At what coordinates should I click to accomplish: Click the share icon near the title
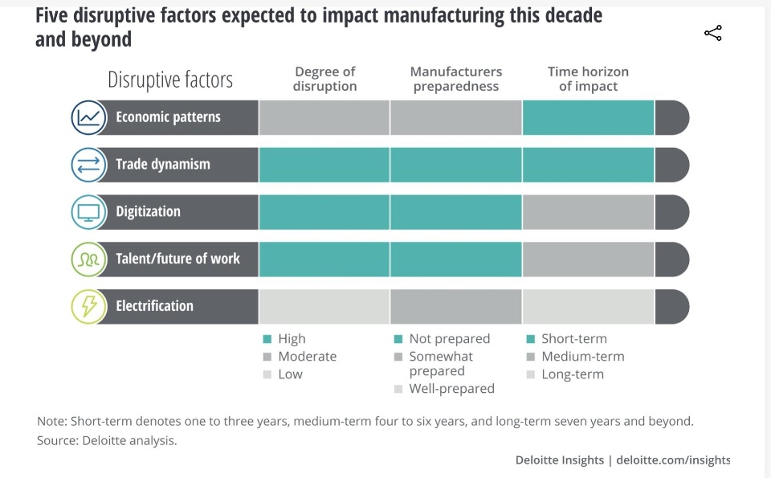point(712,33)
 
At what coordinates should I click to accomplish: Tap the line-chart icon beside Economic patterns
point(88,117)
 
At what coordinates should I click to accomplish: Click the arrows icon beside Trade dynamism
point(88,165)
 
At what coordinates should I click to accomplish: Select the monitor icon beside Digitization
point(88,212)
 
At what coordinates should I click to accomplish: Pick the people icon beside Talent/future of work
point(88,259)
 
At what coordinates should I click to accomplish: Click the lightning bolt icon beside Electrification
point(88,306)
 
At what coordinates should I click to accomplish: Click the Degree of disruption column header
point(324,79)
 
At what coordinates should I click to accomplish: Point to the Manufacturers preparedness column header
point(455,79)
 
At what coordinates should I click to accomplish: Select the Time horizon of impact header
point(588,79)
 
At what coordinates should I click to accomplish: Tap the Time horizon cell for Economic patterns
point(588,117)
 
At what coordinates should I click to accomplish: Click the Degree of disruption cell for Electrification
point(324,306)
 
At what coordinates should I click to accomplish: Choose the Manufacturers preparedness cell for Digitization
point(455,212)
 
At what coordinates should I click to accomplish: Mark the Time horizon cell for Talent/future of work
point(588,259)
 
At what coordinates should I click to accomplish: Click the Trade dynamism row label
point(163,165)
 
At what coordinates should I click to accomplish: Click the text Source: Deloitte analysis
point(107,441)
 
